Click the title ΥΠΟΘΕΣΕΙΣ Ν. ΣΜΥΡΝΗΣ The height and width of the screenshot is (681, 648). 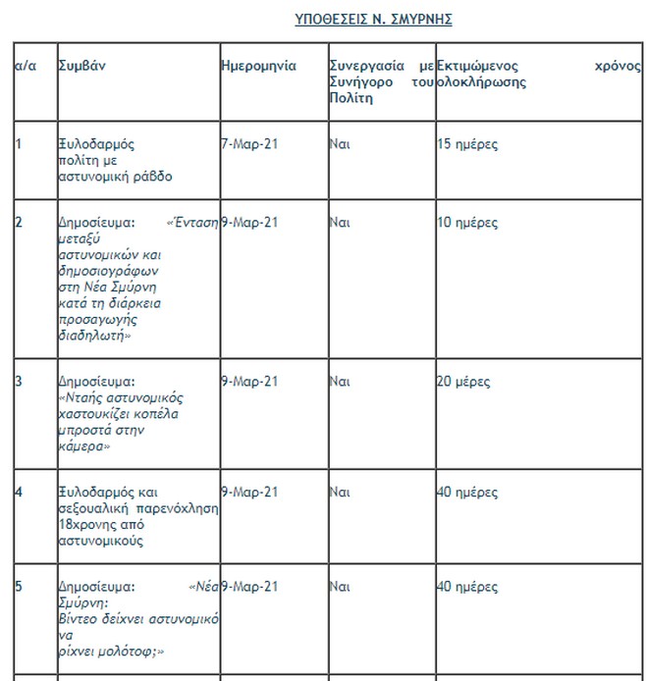tap(373, 20)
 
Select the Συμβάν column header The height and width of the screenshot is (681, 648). tap(81, 66)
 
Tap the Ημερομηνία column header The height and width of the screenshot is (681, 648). tap(258, 66)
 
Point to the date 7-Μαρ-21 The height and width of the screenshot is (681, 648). tap(249, 144)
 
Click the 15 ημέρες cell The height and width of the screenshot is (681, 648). tap(467, 144)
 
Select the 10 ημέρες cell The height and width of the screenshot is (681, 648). tap(467, 223)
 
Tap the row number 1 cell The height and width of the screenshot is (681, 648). tap(19, 144)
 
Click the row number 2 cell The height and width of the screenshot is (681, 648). tap(19, 223)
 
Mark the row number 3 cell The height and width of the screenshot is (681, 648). tap(19, 382)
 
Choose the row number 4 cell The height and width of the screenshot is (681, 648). tap(19, 492)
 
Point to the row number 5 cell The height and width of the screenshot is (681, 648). tap(19, 587)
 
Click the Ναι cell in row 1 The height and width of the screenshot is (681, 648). tap(340, 144)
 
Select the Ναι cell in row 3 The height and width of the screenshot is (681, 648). tap(340, 382)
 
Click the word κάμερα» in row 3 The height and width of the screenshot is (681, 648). tap(86, 446)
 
